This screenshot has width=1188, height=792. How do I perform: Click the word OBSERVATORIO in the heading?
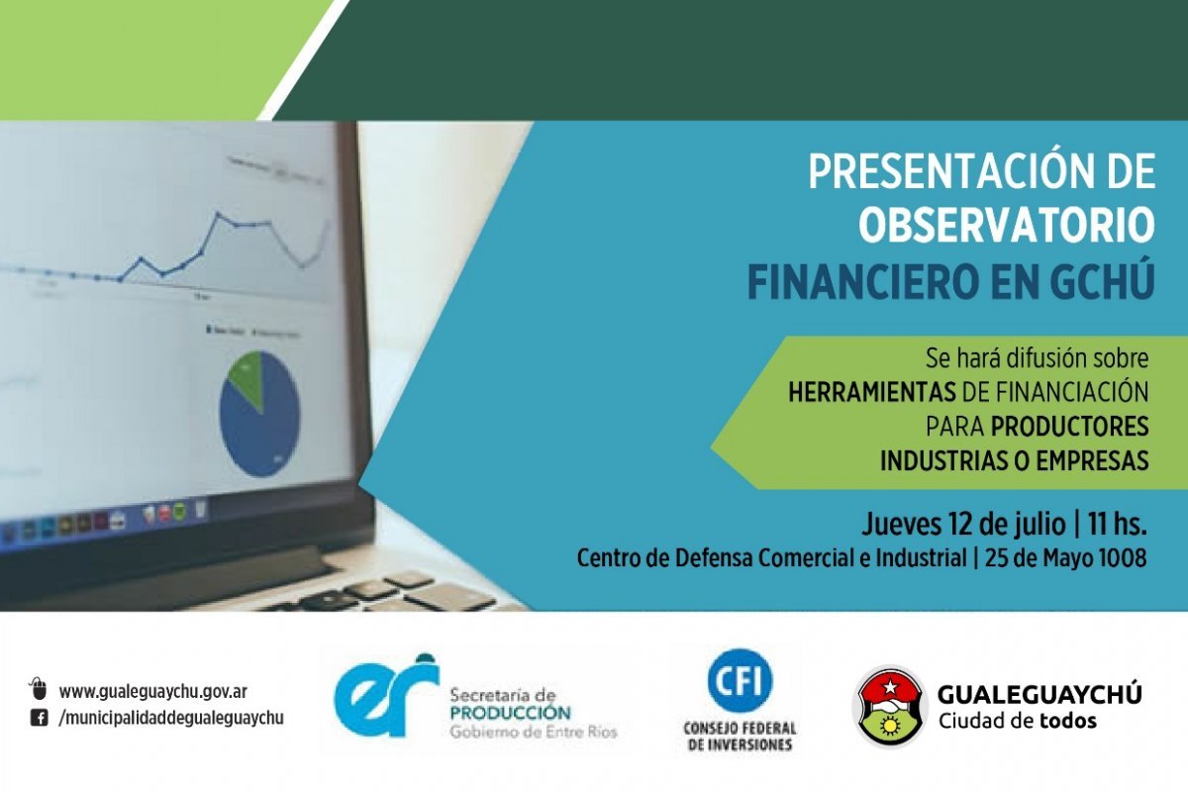1007,226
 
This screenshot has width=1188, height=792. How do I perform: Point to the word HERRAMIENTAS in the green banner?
872,393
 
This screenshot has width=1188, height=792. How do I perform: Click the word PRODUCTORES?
1070,427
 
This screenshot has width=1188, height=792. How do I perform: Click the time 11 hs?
1118,524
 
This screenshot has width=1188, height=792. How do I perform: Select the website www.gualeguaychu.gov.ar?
152,692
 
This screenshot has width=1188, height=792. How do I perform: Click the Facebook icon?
40,719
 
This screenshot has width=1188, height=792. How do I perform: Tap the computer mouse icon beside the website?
39,689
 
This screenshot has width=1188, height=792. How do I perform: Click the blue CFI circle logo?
740,680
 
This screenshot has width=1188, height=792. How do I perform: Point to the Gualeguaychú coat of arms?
890,706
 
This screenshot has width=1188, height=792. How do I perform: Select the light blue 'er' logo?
387,697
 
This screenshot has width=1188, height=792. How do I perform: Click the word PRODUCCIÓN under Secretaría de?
510,713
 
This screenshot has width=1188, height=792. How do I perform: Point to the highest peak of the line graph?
218,213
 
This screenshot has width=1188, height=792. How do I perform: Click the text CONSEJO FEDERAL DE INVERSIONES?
740,737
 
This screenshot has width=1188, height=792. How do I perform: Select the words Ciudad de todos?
1018,721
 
